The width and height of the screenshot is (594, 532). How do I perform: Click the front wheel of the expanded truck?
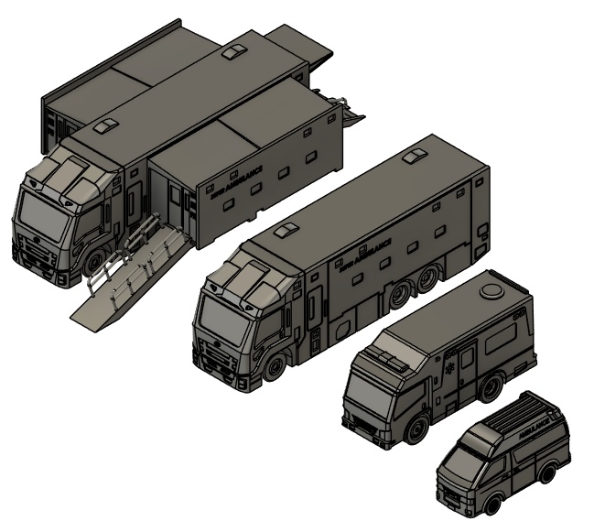94,266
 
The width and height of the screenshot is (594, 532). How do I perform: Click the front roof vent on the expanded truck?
107,123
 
